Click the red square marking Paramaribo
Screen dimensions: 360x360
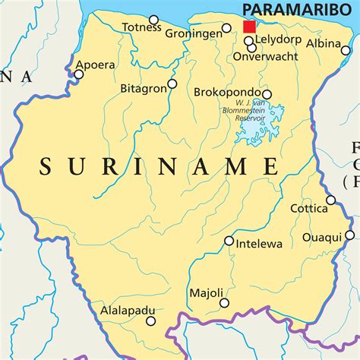click(x=249, y=27)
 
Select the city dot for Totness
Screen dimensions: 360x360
click(x=154, y=20)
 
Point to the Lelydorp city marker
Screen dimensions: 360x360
click(x=248, y=40)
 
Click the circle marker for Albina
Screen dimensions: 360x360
click(x=346, y=51)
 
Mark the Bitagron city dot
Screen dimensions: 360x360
click(x=172, y=84)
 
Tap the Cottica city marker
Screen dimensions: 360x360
click(x=330, y=201)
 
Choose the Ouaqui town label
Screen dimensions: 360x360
click(x=322, y=236)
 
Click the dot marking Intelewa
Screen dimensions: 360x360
click(x=229, y=241)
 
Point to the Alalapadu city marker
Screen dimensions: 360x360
click(x=150, y=321)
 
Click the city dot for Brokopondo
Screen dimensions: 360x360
click(x=267, y=95)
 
